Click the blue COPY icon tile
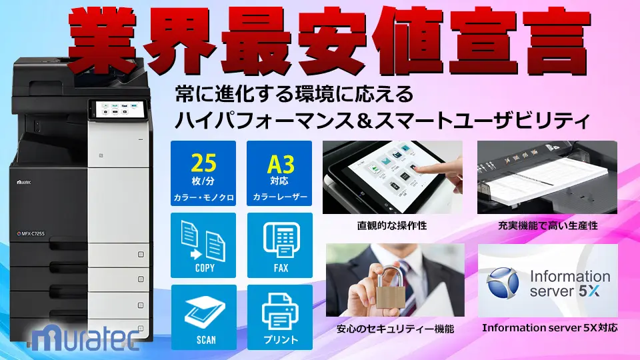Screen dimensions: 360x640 (x=203, y=245)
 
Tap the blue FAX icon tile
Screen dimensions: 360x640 (x=279, y=245)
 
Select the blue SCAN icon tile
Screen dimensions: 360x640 (x=203, y=317)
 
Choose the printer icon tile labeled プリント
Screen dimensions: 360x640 (x=279, y=317)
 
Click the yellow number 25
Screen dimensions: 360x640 (x=203, y=163)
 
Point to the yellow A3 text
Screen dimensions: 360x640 (x=280, y=163)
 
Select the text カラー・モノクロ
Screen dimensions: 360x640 (x=203, y=197)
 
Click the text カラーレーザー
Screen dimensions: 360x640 (x=280, y=197)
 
